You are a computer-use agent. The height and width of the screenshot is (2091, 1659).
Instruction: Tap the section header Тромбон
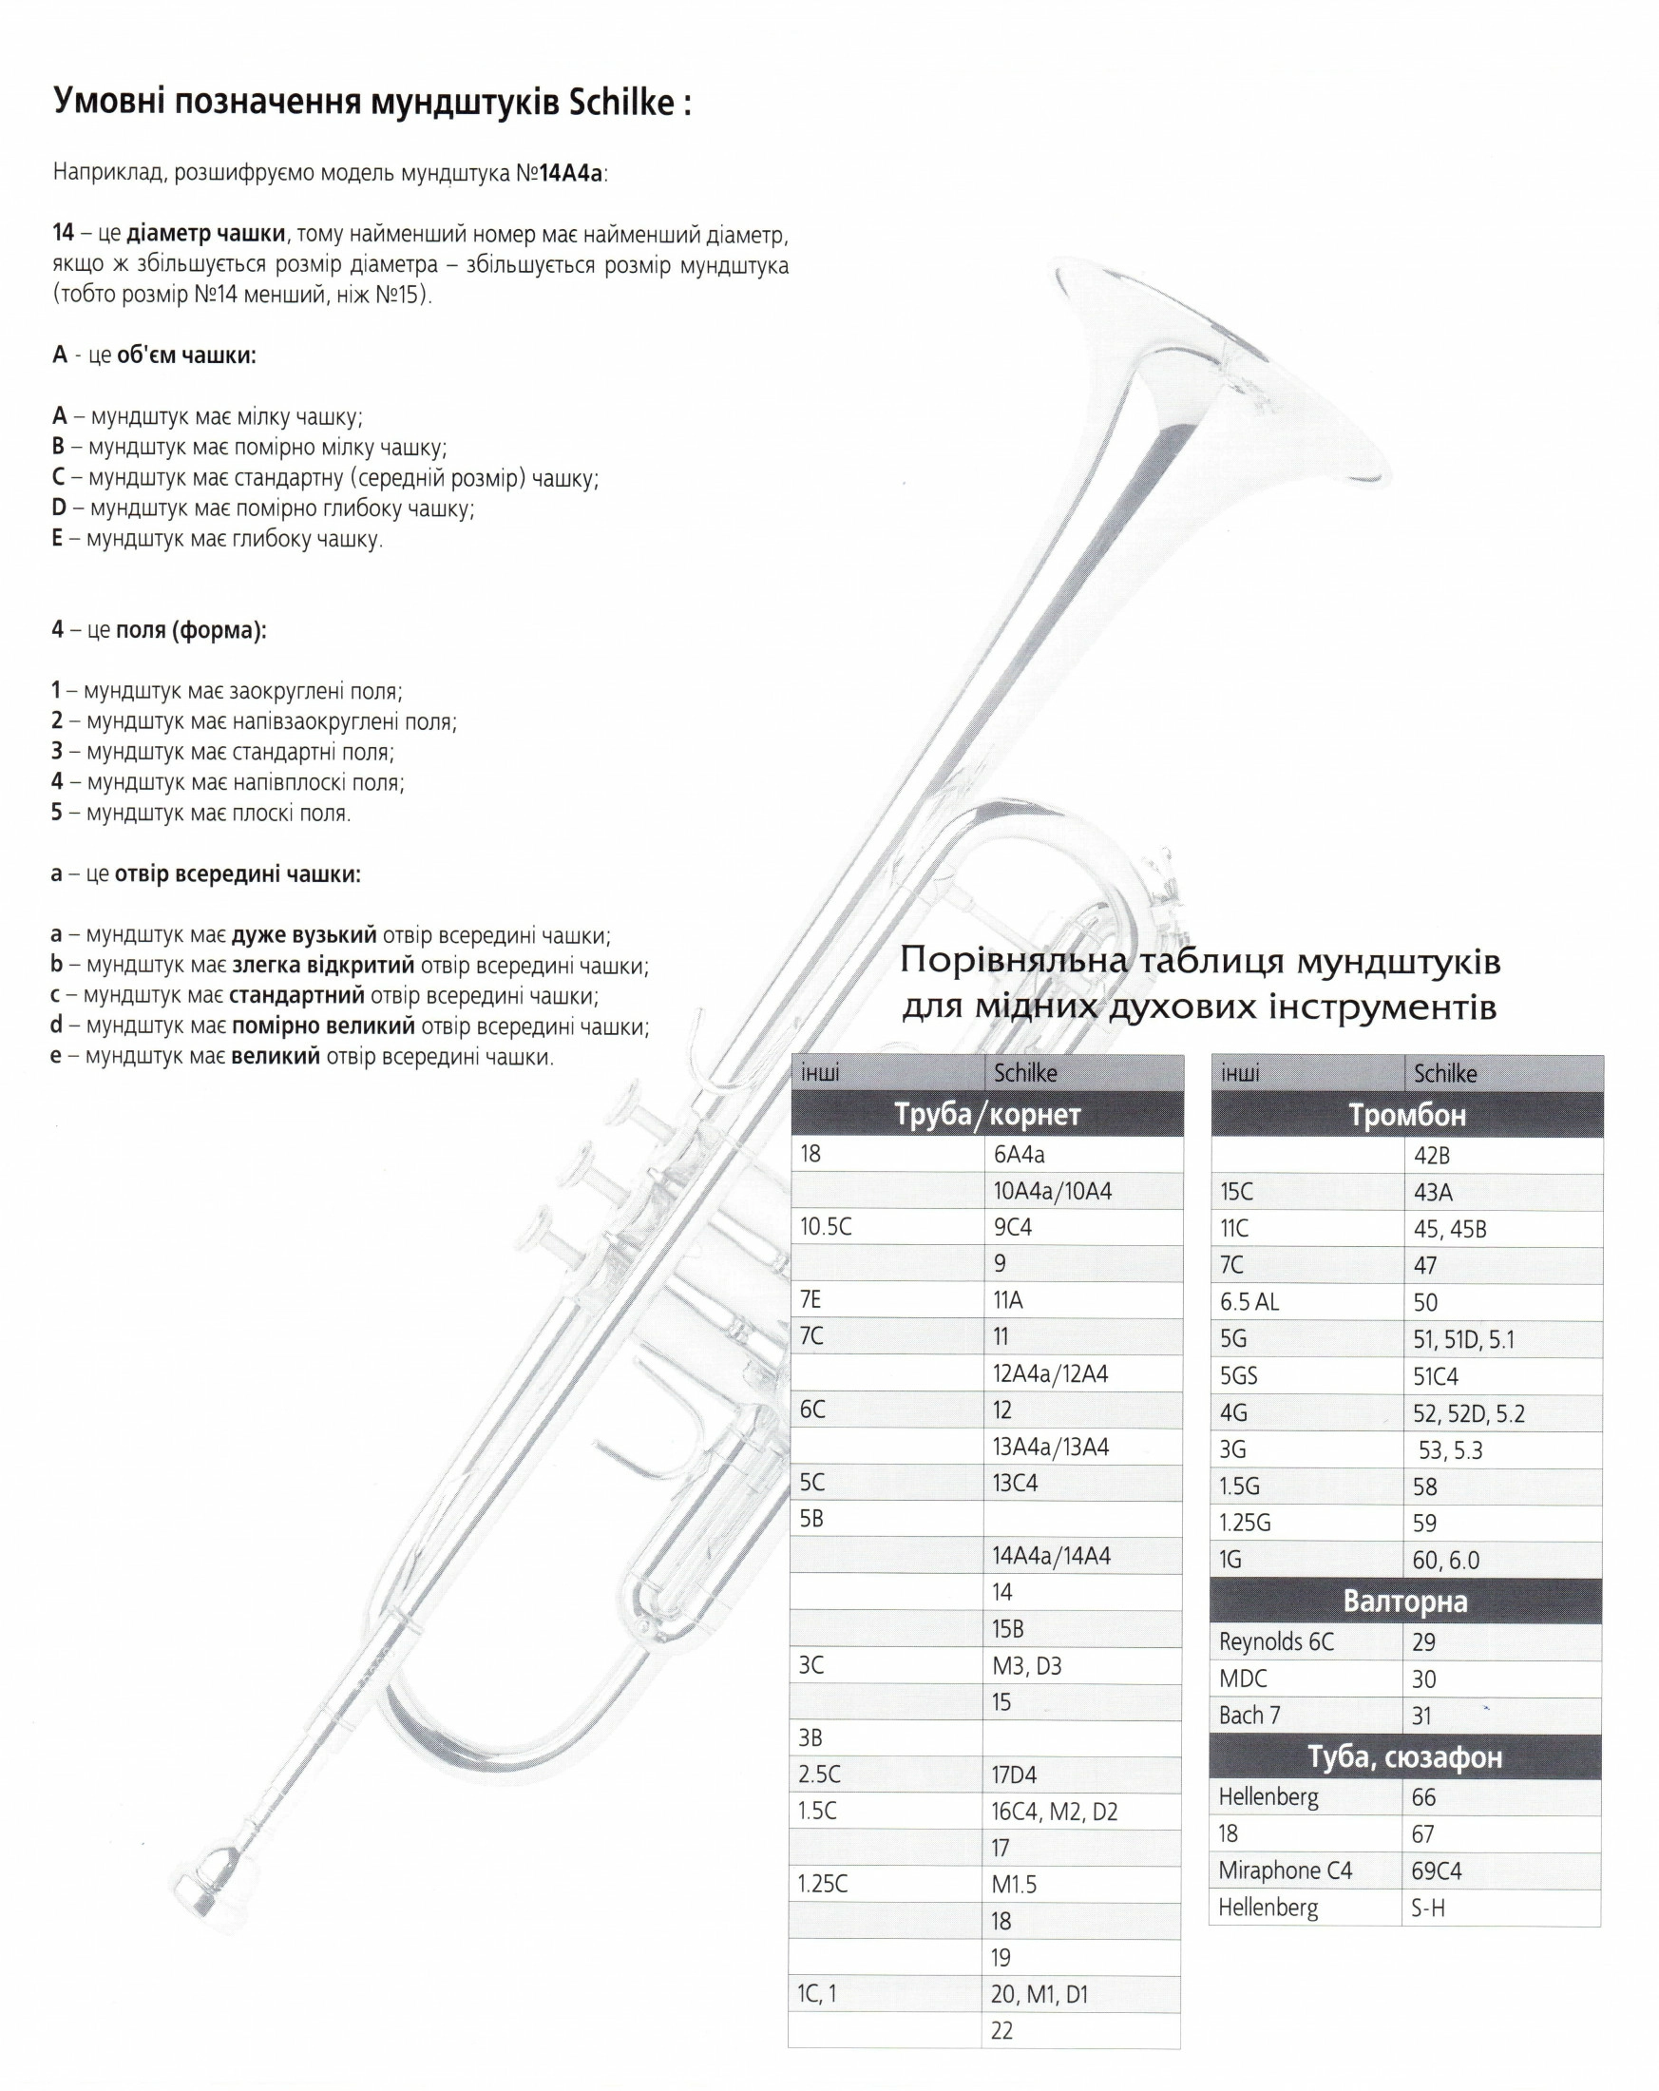click(x=1406, y=1115)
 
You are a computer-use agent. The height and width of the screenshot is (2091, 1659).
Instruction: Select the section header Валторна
click(x=1405, y=1602)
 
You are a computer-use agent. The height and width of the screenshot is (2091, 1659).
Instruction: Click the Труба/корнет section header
click(x=987, y=1114)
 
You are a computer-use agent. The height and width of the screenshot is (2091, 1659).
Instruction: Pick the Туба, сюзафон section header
click(x=1405, y=1756)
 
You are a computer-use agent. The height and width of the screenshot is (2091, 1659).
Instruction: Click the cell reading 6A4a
click(x=1019, y=1154)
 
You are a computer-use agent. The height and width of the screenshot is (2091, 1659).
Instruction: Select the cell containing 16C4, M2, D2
click(x=1054, y=1812)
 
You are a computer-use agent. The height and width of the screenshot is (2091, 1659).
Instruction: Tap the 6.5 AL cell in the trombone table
click(x=1249, y=1301)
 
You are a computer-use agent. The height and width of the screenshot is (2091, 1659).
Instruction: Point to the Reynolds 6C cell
click(x=1276, y=1642)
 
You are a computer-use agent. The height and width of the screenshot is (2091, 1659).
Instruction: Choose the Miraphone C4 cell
click(x=1285, y=1870)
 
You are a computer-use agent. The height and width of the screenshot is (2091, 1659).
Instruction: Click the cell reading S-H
click(x=1428, y=1908)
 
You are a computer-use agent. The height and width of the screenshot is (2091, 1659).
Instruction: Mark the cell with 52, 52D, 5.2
click(x=1468, y=1413)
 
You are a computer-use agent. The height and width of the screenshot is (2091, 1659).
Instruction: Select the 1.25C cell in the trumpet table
click(x=822, y=1885)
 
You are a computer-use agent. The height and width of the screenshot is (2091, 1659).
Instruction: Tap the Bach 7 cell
click(x=1249, y=1716)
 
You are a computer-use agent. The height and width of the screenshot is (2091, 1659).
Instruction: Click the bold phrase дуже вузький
click(x=303, y=935)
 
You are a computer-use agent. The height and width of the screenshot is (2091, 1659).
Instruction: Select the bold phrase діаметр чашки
click(x=205, y=233)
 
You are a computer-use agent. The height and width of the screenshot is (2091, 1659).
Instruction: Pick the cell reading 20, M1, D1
click(x=1039, y=1994)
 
